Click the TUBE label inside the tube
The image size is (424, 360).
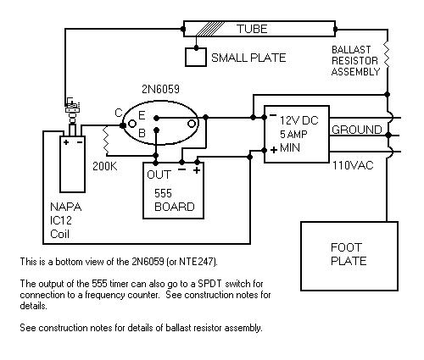click(252, 29)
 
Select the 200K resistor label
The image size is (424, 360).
click(105, 166)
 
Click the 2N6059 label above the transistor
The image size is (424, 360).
click(160, 89)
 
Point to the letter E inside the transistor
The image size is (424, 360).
click(142, 115)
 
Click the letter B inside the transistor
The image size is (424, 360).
click(142, 133)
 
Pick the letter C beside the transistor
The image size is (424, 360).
click(119, 113)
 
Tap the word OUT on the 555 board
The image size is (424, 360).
click(159, 174)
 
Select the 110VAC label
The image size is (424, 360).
click(353, 165)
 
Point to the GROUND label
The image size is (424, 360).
click(357, 130)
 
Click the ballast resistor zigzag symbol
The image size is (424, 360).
click(387, 55)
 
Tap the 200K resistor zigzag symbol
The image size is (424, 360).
click(106, 141)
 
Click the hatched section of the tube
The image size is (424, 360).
click(209, 29)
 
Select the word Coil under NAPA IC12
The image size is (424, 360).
click(59, 234)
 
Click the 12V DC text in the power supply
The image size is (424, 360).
click(299, 120)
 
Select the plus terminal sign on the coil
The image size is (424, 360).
click(66, 142)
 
